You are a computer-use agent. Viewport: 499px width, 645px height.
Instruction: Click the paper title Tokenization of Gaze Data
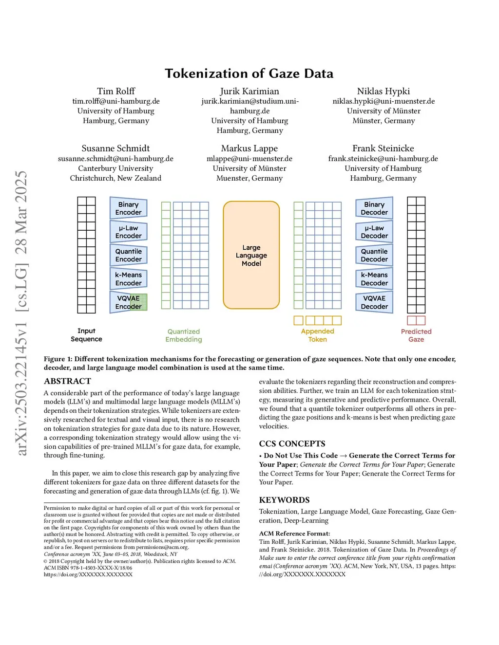click(249, 74)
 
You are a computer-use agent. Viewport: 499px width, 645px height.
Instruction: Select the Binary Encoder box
click(128, 208)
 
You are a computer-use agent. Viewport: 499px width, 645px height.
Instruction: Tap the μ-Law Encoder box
click(128, 232)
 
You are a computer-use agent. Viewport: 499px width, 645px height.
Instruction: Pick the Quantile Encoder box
click(128, 255)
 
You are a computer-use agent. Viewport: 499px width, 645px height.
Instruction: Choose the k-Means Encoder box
click(128, 279)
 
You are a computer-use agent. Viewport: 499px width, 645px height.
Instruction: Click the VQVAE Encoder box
click(128, 302)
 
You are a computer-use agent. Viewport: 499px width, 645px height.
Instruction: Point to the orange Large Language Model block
click(251, 255)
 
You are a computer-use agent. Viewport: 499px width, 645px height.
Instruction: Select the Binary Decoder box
click(374, 208)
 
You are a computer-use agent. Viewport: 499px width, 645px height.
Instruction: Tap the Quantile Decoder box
click(374, 255)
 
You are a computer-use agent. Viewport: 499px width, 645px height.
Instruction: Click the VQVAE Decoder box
click(374, 302)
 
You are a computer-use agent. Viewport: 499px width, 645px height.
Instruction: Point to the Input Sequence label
click(86, 335)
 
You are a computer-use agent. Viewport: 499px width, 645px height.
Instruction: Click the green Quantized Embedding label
click(183, 335)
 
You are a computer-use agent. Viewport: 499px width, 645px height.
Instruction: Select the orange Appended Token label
click(317, 335)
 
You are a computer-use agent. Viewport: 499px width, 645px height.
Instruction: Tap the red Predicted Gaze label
click(416, 335)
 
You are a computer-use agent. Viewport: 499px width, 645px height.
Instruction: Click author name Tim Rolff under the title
click(116, 91)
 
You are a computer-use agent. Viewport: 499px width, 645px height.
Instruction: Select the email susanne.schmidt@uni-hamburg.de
click(115, 159)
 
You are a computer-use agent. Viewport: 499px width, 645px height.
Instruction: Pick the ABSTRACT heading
click(67, 381)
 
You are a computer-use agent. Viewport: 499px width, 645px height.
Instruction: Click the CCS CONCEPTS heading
click(292, 443)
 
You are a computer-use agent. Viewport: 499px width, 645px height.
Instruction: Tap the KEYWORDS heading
click(284, 500)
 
